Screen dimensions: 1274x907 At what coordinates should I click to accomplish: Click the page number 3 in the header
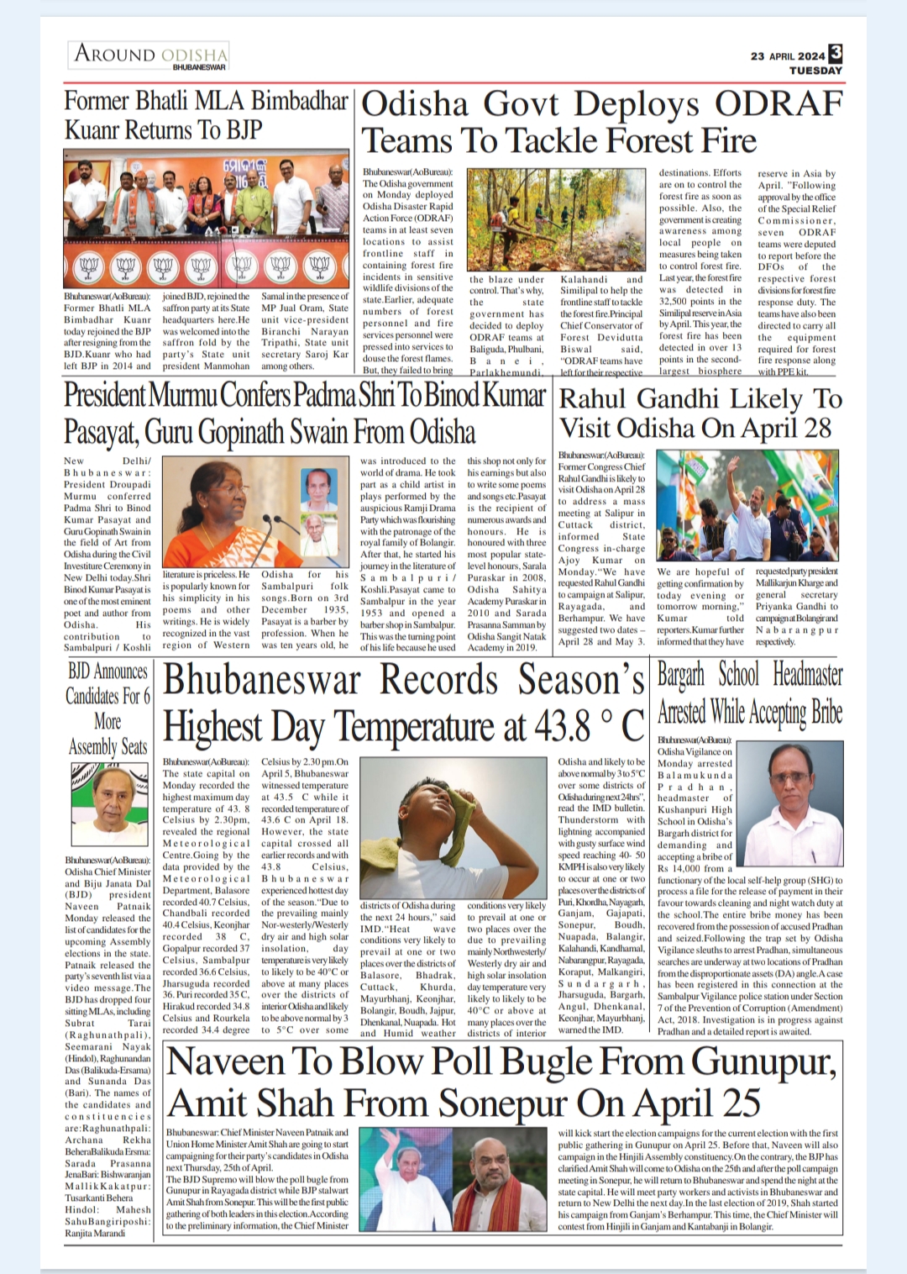coord(835,54)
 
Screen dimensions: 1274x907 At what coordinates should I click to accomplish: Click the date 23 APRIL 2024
coord(788,56)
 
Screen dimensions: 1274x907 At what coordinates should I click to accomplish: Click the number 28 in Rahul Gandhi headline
coord(812,428)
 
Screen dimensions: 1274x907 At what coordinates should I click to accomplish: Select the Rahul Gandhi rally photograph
coord(747,506)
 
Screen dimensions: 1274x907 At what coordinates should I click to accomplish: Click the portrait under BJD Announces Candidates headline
coord(107,808)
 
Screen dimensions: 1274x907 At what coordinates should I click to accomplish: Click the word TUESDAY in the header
coord(815,71)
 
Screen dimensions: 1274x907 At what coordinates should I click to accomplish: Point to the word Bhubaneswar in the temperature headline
coord(262,680)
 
